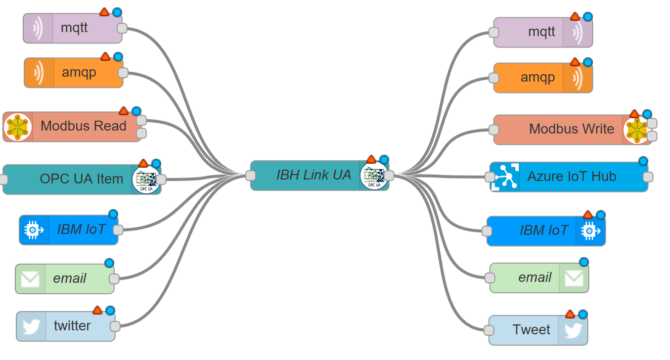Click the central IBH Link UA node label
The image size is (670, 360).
click(x=313, y=175)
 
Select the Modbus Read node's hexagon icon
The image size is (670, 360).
click(x=18, y=127)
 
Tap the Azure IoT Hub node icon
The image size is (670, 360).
click(x=505, y=177)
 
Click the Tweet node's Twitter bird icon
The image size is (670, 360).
click(x=573, y=330)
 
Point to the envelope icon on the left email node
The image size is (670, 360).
click(x=30, y=279)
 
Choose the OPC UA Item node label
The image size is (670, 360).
click(x=81, y=179)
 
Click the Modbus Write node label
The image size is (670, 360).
click(x=571, y=129)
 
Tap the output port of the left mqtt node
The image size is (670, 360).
click(x=122, y=28)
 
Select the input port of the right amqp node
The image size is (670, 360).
click(x=493, y=78)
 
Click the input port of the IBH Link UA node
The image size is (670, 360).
click(x=250, y=175)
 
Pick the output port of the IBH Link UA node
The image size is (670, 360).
click(x=389, y=175)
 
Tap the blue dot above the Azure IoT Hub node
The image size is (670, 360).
click(x=643, y=161)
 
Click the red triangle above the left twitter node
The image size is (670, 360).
click(x=97, y=310)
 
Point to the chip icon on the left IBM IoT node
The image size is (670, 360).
click(x=34, y=229)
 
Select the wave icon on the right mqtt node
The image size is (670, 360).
click(x=578, y=33)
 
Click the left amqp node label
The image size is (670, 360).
click(x=79, y=73)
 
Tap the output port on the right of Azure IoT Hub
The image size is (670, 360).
click(x=648, y=177)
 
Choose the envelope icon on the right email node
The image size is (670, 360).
click(x=574, y=278)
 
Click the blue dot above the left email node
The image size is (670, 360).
click(x=109, y=263)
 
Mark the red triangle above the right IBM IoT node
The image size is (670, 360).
click(x=587, y=215)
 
